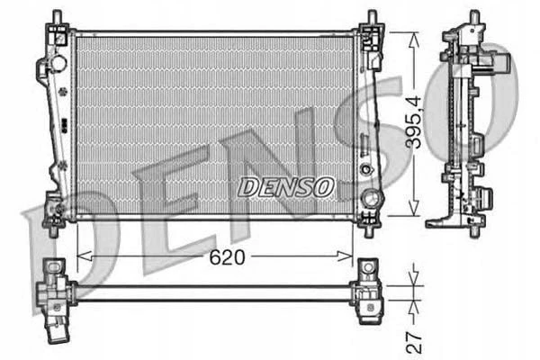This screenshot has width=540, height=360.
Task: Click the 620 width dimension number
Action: tap(228, 257)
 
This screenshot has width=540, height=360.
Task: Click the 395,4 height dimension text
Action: tap(414, 122)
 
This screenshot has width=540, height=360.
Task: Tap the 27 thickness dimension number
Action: tap(414, 343)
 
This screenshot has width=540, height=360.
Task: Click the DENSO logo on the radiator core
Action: tap(286, 187)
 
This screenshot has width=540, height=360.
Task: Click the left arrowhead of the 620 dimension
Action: tap(85, 256)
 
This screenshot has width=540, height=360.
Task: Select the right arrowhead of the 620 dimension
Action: tap(345, 256)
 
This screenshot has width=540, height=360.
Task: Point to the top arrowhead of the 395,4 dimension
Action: tap(414, 40)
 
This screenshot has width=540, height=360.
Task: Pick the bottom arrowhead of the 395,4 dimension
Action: tap(414, 209)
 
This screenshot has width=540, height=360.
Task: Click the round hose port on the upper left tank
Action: tap(58, 63)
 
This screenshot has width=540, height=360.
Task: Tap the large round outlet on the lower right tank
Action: tap(371, 198)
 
